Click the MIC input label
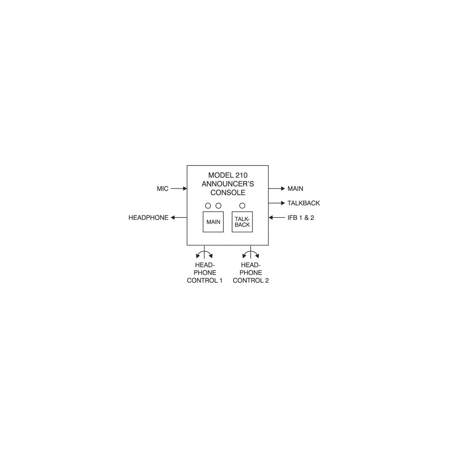pyautogui.click(x=162, y=188)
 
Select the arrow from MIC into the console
pyautogui.click(x=179, y=188)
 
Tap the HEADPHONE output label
pyautogui.click(x=148, y=217)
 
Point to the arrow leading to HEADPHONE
pyautogui.click(x=179, y=217)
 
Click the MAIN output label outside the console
pyautogui.click(x=295, y=188)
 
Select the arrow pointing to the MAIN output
pyautogui.click(x=276, y=188)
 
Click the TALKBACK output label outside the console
pyautogui.click(x=304, y=203)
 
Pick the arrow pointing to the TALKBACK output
pyautogui.click(x=276, y=203)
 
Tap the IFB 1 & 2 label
pyautogui.click(x=301, y=217)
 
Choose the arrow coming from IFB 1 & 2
pyautogui.click(x=276, y=217)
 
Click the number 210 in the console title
pyautogui.click(x=241, y=175)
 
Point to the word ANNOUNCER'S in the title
pyautogui.click(x=228, y=184)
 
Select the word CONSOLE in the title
pyautogui.click(x=228, y=193)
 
